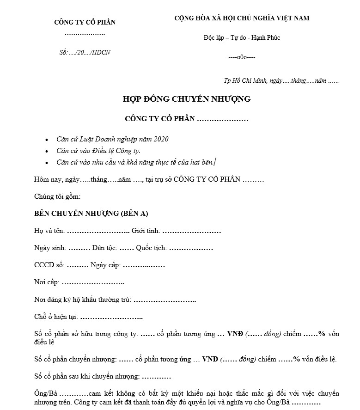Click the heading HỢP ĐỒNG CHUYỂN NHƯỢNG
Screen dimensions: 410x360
click(x=186, y=99)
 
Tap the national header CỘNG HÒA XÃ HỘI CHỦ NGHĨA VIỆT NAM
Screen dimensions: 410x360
click(x=242, y=18)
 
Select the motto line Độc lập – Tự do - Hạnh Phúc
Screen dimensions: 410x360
click(x=242, y=37)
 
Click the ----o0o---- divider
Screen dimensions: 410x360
click(x=242, y=57)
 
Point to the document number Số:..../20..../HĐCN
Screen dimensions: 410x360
click(x=85, y=53)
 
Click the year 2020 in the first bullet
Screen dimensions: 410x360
click(x=161, y=139)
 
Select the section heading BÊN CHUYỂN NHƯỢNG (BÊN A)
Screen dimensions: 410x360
click(x=91, y=214)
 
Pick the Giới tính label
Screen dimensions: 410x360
click(x=145, y=231)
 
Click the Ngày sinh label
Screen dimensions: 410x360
click(x=50, y=248)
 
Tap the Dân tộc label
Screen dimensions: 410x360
click(x=104, y=248)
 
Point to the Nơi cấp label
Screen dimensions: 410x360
click(x=46, y=282)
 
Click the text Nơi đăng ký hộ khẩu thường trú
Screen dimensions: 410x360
click(x=83, y=300)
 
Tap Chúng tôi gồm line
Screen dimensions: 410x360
click(x=57, y=196)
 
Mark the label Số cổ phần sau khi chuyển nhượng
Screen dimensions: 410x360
click(x=87, y=376)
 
